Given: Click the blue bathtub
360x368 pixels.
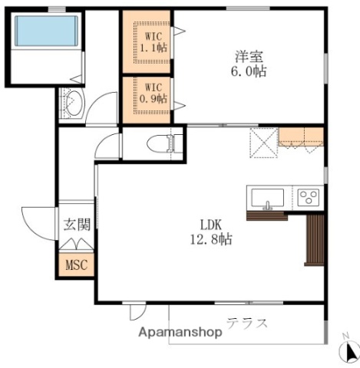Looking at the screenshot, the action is pos(46,31).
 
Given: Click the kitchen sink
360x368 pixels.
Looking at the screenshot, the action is pos(267,198).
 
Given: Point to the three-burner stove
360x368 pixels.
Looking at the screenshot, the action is pos(309,197).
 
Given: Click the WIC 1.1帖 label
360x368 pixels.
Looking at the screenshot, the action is pos(154,42).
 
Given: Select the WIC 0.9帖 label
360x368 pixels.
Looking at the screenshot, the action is pos(154,94).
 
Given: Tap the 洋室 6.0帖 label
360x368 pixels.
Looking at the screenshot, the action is pos(249,64).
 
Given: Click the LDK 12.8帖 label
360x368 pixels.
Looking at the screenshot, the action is pos(211,232).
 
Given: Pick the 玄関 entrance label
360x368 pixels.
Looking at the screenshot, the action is pos(78,224).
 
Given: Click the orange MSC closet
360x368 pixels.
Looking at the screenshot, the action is pos(77,264).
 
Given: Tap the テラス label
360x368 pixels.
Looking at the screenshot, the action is pos(247,324).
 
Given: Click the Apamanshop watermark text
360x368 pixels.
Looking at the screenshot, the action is pos(180,332).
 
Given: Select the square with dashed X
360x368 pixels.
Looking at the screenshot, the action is pos(264,143).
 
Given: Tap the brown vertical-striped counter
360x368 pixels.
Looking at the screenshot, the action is pos(315,240).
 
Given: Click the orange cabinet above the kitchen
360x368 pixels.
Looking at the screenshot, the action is pos(301,136).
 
